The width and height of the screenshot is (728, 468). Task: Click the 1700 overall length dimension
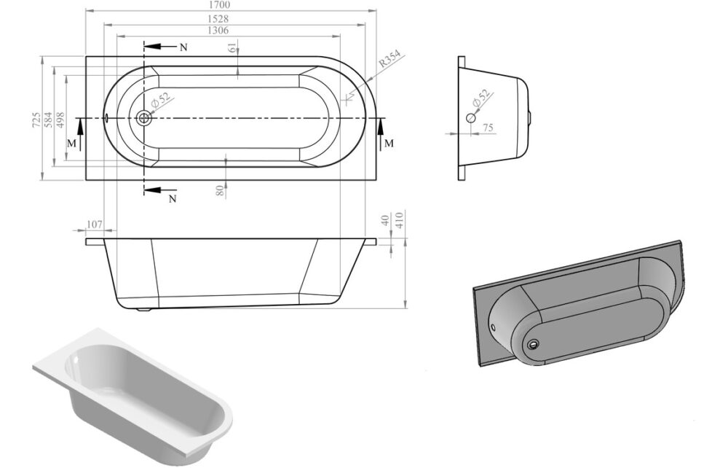point(221,5)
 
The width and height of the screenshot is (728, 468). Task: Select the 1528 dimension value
point(218,19)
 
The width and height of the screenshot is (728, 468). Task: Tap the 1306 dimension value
point(218,31)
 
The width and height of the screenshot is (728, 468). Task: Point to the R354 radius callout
point(389,59)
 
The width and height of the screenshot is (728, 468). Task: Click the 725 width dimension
point(36,120)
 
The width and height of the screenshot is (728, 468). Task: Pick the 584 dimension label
point(48,120)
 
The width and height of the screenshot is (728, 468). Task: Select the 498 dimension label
point(60,120)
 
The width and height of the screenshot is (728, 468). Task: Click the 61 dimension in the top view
point(232,47)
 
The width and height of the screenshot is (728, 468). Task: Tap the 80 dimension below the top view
point(220,190)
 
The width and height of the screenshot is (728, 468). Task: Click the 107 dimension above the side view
point(94,225)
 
